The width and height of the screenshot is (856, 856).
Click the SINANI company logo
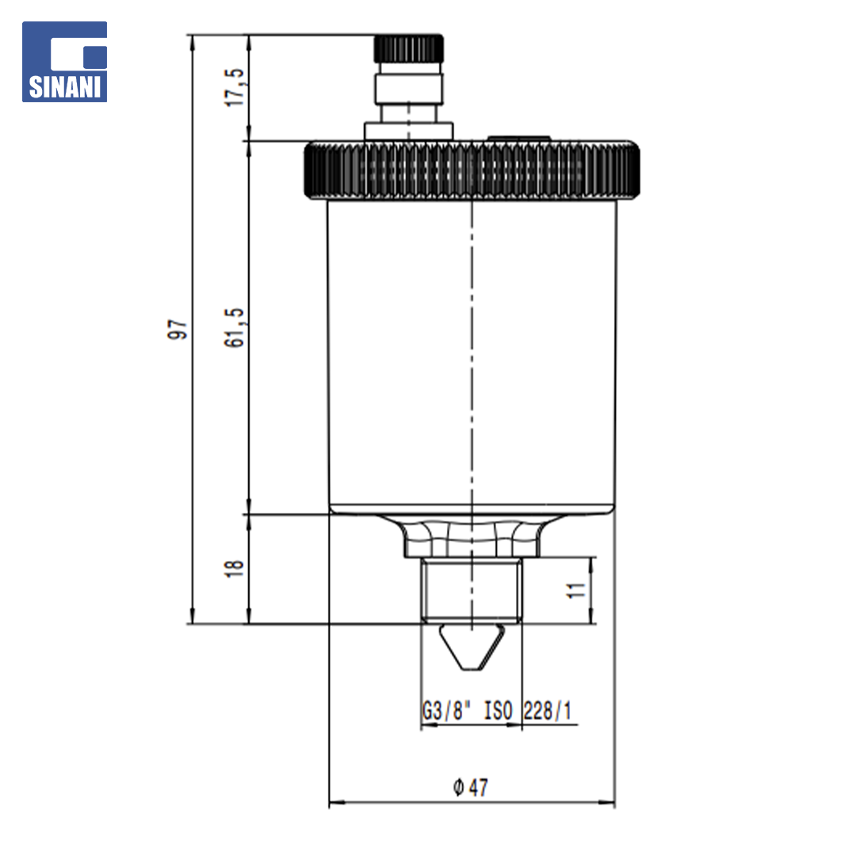pos(64,62)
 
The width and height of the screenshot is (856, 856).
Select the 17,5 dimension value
pos(235,87)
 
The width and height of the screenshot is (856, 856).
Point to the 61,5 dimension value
pos(235,327)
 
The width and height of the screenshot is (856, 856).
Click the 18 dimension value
pos(234,568)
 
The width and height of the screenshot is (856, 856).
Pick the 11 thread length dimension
pos(576,590)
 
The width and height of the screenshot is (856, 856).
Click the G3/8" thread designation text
pos(446,711)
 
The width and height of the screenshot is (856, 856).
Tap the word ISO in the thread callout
pos(499,711)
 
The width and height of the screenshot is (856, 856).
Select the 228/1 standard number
pos(548,711)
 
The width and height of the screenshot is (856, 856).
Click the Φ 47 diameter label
pos(471,787)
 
